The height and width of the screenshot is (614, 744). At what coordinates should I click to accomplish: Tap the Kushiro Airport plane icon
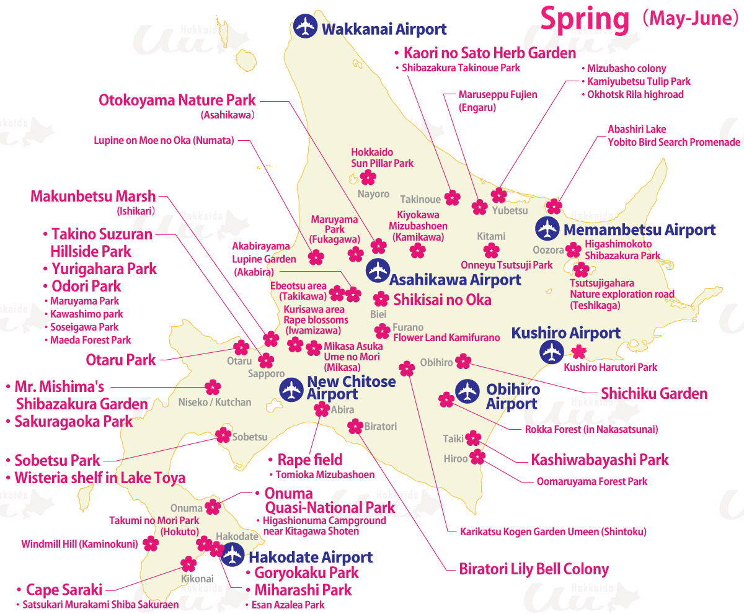551,352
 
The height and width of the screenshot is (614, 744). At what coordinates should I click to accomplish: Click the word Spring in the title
585,19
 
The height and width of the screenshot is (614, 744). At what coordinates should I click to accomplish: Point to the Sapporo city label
266,374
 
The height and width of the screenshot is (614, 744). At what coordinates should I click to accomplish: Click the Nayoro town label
373,194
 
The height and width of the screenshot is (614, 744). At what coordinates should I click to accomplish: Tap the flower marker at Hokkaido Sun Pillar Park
368,178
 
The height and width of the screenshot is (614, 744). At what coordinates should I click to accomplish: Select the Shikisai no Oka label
442,300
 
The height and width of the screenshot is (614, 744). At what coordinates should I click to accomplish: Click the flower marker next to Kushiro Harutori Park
578,352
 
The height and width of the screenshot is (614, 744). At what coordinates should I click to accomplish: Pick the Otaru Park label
121,360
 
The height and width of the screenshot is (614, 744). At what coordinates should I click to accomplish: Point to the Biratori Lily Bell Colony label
533,569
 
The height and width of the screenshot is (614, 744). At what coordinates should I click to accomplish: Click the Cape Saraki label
64,589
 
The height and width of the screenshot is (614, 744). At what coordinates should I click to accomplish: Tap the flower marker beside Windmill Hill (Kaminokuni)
151,544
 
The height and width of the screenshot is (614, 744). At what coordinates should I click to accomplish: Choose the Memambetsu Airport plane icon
547,229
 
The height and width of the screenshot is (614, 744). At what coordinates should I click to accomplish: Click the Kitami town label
491,236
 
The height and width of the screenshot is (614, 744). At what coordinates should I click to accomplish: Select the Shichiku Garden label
654,393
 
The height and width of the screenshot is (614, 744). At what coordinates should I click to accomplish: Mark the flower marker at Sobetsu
223,435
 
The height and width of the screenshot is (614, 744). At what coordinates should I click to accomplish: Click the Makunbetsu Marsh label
93,197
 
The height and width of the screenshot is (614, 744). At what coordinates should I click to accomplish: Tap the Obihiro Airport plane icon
467,391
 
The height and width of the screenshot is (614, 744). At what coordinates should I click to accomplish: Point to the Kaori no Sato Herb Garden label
490,53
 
